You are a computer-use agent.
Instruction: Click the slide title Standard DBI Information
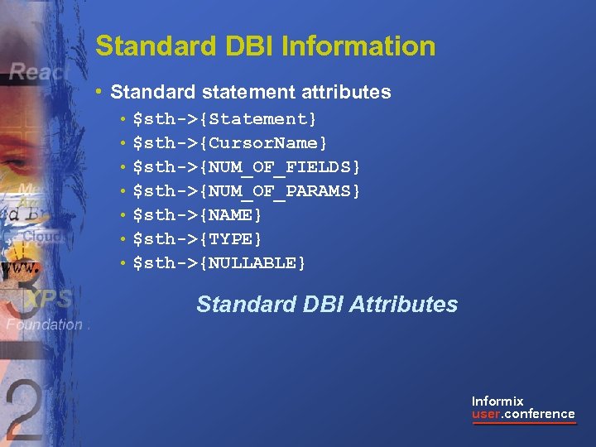[265, 46]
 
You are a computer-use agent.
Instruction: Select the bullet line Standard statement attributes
[250, 92]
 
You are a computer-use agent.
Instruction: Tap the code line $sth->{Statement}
[224, 119]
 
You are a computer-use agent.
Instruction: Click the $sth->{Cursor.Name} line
[230, 143]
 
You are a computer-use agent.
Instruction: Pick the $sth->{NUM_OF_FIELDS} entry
[247, 167]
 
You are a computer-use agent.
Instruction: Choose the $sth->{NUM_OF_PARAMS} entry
[247, 191]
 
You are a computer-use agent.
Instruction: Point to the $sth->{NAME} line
[198, 215]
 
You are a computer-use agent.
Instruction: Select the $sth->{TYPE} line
[198, 239]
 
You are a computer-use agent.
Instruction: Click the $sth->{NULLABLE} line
[219, 263]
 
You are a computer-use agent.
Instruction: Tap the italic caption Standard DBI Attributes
[326, 305]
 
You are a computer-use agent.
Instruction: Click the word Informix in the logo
[497, 401]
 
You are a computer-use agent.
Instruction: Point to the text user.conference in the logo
[523, 414]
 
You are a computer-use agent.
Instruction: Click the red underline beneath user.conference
[523, 424]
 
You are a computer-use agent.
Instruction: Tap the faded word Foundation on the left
[45, 325]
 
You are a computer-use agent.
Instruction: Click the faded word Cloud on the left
[41, 236]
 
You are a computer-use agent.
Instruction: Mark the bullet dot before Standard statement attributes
[99, 92]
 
